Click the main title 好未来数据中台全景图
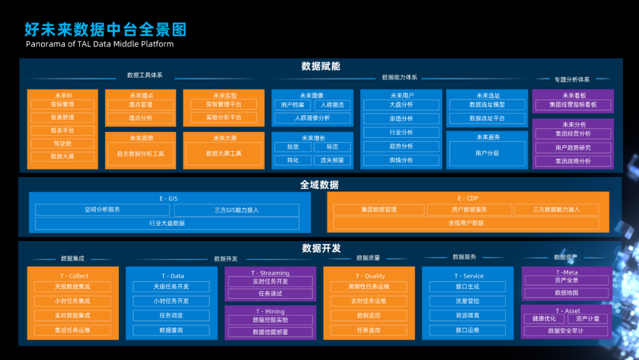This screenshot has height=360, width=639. click(x=105, y=30)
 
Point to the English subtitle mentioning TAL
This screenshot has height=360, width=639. click(x=100, y=44)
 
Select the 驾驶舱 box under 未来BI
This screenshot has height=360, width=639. click(x=62, y=143)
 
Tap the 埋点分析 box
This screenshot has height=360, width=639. click(x=141, y=118)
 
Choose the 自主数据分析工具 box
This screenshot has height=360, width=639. click(x=141, y=154)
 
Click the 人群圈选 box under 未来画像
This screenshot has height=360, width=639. click(x=332, y=105)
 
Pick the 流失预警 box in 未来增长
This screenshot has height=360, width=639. click(x=332, y=160)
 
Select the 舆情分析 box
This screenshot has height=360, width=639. click(x=401, y=160)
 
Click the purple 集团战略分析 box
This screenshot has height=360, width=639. click(x=573, y=161)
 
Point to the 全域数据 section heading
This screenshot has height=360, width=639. click(x=319, y=185)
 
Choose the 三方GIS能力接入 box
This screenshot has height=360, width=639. click(x=237, y=210)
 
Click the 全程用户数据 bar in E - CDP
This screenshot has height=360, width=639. click(x=466, y=223)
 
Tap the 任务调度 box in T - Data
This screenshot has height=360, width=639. click(x=171, y=316)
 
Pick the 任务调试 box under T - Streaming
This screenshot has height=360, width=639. click(x=270, y=294)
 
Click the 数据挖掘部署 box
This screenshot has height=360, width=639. click(x=270, y=332)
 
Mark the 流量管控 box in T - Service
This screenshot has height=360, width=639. click(x=467, y=301)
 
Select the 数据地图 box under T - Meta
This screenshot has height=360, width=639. click(x=566, y=292)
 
